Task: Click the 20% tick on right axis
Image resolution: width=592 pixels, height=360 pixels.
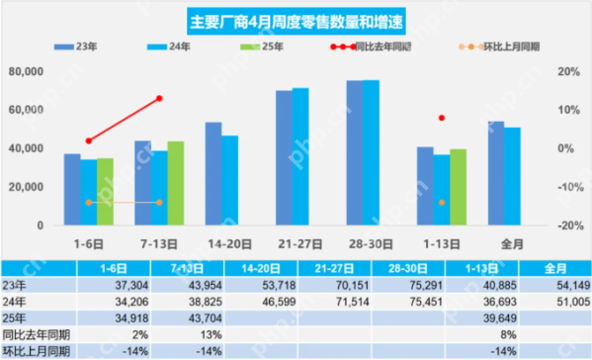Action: (567, 72)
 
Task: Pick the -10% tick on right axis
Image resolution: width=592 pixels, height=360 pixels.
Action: (567, 187)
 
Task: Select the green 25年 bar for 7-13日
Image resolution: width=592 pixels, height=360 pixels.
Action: (175, 185)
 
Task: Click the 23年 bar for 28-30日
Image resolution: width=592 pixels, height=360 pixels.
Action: (354, 153)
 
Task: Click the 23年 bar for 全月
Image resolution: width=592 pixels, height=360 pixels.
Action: (496, 174)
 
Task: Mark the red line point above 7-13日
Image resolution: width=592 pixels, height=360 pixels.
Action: (159, 99)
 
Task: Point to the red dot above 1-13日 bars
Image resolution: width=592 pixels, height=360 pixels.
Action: (442, 118)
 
